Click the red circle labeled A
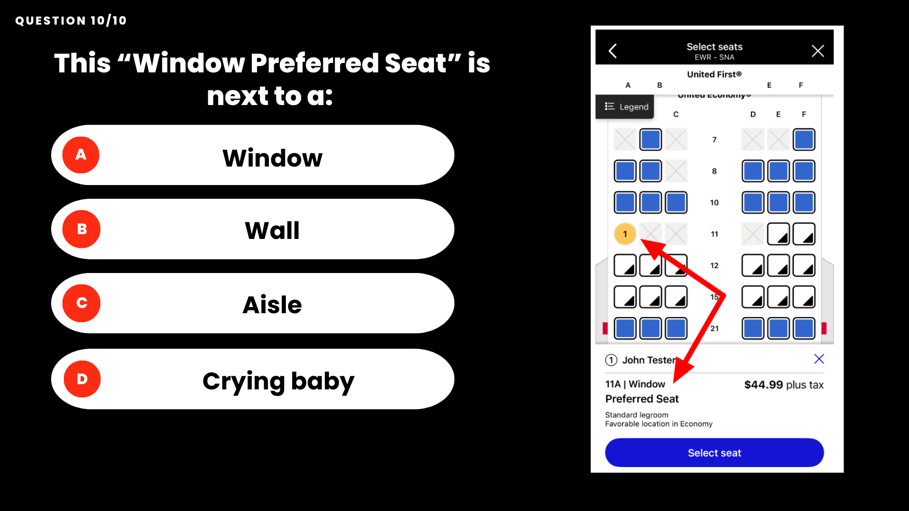(81, 155)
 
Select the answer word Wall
(272, 230)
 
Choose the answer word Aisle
(272, 304)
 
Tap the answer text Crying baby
(278, 381)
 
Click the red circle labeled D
(82, 379)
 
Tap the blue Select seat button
(714, 453)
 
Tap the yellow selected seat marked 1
(625, 234)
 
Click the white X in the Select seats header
(818, 51)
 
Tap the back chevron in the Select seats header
(613, 51)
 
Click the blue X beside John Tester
(819, 359)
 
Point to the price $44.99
(764, 385)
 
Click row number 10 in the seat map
(714, 203)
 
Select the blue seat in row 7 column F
(804, 140)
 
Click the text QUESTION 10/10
(71, 21)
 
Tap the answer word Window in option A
(273, 158)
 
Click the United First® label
(714, 74)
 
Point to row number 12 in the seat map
(714, 265)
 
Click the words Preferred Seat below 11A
(642, 399)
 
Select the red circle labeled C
(81, 303)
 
